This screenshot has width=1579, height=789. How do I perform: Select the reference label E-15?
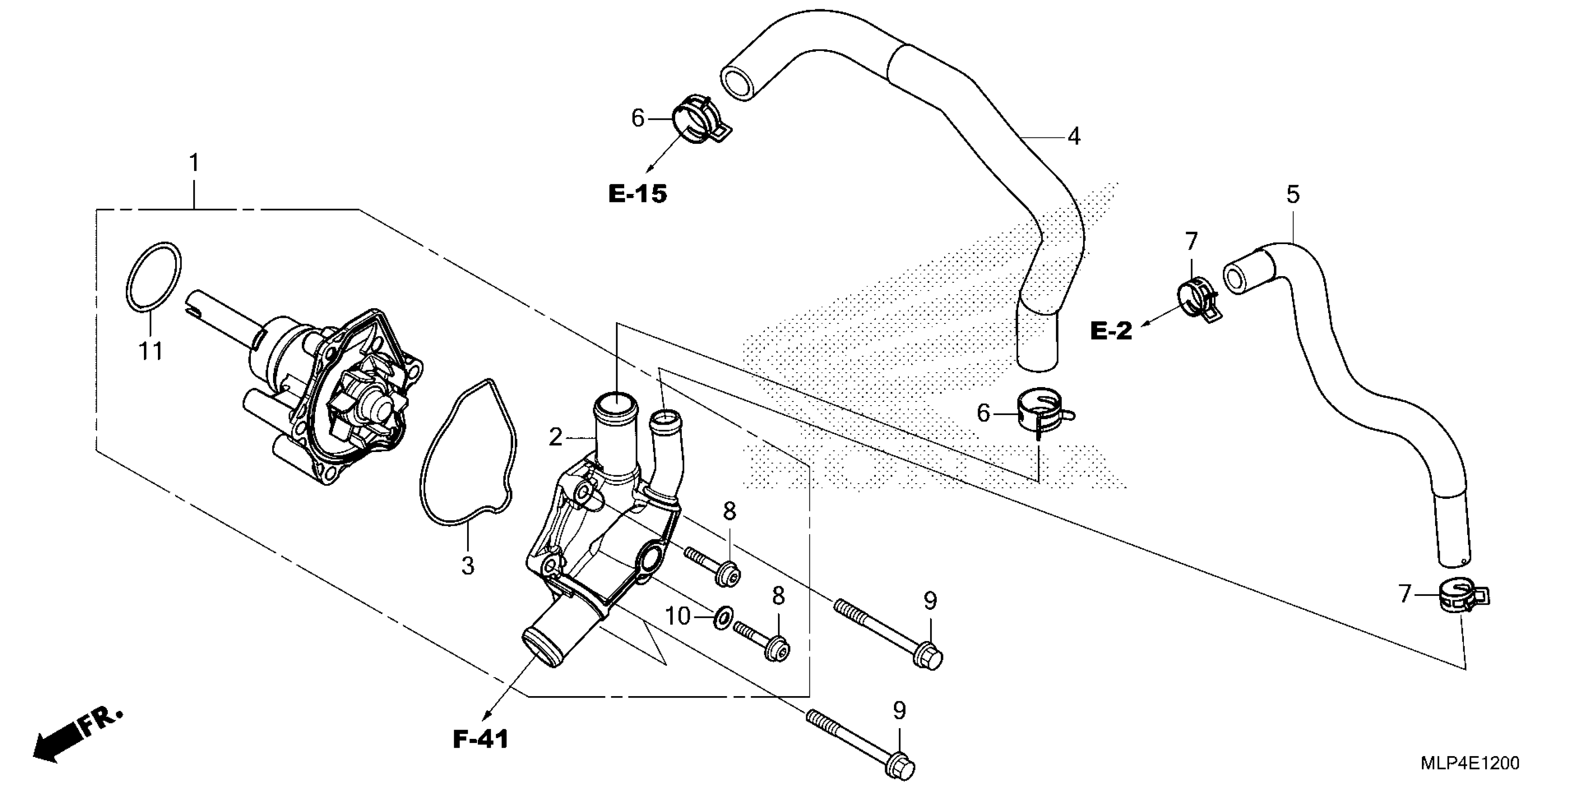tap(638, 194)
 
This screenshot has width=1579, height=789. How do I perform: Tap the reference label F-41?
tap(481, 740)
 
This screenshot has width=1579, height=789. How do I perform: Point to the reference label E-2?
tap(1111, 331)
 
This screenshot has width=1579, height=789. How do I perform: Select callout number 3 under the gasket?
tap(468, 565)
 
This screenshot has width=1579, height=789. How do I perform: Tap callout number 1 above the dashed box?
tap(194, 163)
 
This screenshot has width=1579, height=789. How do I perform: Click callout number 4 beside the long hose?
tap(1074, 136)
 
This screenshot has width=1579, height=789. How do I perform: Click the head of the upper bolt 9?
tap(929, 657)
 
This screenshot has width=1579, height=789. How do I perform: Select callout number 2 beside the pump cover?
tap(555, 437)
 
